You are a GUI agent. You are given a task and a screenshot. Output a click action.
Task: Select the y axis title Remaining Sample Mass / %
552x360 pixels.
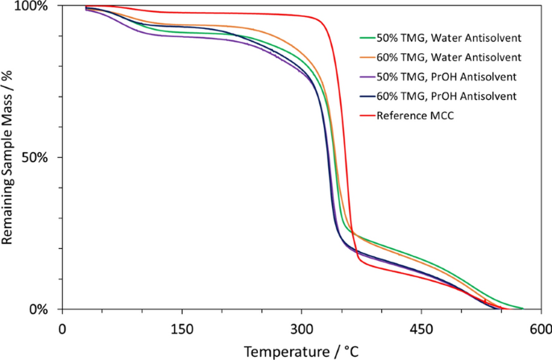[10, 158]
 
